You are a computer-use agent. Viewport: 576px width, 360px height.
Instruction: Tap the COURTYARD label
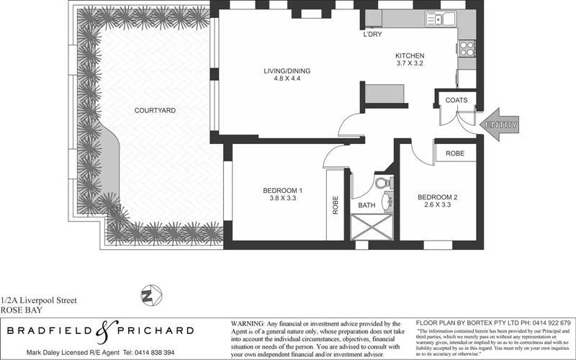pos(155,110)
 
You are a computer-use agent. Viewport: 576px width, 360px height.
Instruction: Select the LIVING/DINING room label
pos(287,71)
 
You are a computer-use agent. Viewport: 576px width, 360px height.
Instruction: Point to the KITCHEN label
pos(410,56)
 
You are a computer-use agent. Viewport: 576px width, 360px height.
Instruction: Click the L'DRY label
pos(372,34)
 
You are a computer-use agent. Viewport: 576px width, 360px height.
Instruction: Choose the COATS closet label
pos(456,100)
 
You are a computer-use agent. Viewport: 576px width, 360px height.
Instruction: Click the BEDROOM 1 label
pos(282,190)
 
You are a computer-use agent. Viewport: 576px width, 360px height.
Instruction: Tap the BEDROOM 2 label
pos(438,197)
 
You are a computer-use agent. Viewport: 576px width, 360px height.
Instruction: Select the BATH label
pos(367,206)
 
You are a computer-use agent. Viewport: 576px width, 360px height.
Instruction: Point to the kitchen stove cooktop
pos(467,48)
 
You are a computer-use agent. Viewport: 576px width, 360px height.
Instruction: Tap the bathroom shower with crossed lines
pos(371,230)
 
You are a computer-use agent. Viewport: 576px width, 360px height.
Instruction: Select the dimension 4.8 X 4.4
pos(286,80)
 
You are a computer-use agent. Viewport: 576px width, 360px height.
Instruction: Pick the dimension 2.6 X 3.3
pos(438,205)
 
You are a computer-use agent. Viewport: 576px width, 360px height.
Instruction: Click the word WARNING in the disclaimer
pos(247,323)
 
